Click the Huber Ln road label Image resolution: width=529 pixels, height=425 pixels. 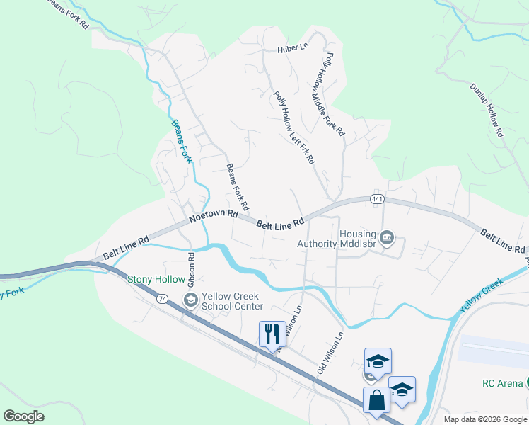(293, 49)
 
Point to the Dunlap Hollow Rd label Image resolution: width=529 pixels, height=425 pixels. (487, 110)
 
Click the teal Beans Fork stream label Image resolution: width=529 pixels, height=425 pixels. (182, 140)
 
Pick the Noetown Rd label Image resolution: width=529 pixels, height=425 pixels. (214, 220)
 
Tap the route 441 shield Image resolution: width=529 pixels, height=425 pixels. (376, 201)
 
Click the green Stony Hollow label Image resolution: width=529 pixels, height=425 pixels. (150, 279)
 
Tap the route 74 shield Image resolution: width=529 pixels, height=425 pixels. (163, 300)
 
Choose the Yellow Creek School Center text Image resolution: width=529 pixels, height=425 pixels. (232, 301)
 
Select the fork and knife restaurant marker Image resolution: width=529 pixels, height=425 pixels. (272, 332)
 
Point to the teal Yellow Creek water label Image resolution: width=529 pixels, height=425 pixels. (482, 297)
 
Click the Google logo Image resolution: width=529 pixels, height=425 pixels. (23, 416)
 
